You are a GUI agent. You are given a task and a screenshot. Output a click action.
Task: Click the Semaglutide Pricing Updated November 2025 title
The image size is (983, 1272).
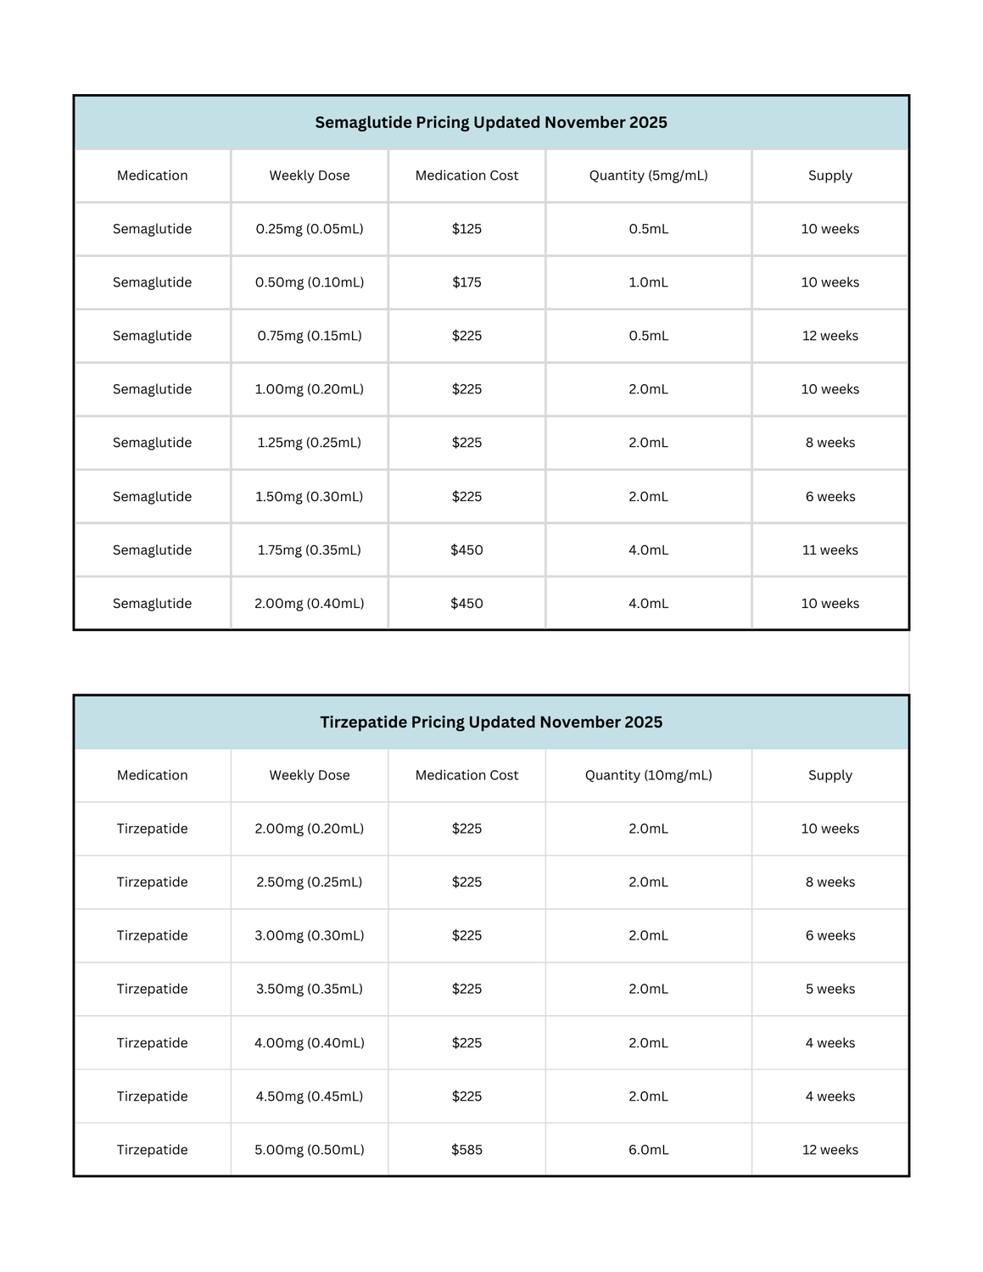(x=491, y=123)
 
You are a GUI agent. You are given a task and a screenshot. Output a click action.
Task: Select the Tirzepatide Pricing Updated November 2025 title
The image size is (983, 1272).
(x=491, y=722)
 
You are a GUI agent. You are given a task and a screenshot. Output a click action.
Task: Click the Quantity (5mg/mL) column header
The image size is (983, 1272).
(x=648, y=176)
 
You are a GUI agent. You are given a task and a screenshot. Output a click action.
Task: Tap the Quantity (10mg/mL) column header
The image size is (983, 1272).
(x=648, y=775)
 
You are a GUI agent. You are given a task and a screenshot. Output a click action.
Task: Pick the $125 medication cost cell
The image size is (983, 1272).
(x=466, y=229)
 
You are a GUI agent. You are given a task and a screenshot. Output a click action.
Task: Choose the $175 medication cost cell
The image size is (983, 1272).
(x=466, y=282)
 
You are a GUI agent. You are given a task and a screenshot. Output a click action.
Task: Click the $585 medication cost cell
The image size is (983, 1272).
(x=466, y=1150)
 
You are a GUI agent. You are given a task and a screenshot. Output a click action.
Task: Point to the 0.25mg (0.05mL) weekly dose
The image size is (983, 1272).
(x=310, y=229)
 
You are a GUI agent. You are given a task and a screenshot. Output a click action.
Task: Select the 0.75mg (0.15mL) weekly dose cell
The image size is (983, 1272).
(x=310, y=336)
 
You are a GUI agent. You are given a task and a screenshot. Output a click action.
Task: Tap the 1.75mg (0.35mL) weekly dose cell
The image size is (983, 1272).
(x=310, y=550)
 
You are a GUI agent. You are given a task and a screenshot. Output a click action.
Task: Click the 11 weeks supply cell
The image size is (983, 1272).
(x=829, y=550)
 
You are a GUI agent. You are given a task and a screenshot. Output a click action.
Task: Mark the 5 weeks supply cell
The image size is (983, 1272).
(x=829, y=989)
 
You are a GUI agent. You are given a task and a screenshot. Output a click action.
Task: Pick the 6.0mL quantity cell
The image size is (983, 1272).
(x=648, y=1150)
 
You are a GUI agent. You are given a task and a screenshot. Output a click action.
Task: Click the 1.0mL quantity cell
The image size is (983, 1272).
(x=648, y=282)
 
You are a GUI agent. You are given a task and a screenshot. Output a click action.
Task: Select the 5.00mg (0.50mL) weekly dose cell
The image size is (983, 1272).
(x=310, y=1150)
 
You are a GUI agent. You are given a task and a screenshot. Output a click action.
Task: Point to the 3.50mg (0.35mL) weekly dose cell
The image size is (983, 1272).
(x=310, y=989)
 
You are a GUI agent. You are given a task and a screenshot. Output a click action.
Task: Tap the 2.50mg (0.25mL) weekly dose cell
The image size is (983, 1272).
(x=310, y=882)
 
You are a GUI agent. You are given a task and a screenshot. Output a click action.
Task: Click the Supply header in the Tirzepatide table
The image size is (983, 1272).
(x=829, y=775)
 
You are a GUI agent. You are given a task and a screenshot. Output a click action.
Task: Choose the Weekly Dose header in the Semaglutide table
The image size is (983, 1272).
(x=310, y=176)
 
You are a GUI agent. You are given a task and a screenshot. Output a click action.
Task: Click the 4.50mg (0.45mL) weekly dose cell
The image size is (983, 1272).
(x=310, y=1096)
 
